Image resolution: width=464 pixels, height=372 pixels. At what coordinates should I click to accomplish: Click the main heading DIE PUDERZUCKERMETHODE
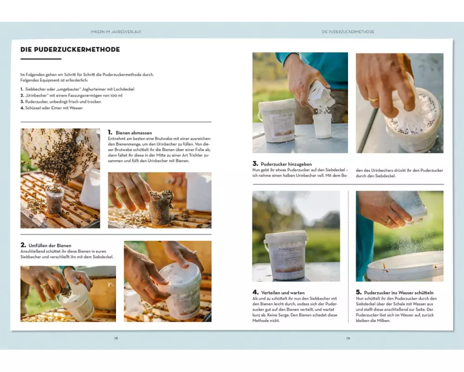coord(70,50)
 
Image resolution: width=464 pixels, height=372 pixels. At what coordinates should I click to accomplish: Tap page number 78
coord(116,338)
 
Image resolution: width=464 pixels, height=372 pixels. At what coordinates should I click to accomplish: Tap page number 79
coord(348,338)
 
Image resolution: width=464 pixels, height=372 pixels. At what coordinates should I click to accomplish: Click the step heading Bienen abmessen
coord(134,133)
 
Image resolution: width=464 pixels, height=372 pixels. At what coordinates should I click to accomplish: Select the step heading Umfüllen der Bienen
coord(50,246)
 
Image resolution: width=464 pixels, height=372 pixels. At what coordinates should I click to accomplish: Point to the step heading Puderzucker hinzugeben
coord(286,164)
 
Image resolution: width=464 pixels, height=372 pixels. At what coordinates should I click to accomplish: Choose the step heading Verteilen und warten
coord(283,292)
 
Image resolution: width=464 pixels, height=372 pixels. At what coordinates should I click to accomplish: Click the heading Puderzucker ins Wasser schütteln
coord(399,292)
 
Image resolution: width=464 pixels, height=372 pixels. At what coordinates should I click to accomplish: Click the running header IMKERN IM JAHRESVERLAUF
coord(116,32)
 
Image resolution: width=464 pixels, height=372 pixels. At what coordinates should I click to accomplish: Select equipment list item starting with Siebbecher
coord(80,89)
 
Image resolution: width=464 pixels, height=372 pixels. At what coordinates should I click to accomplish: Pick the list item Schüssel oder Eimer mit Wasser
coord(54,108)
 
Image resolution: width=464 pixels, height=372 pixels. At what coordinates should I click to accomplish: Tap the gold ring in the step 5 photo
coord(388,221)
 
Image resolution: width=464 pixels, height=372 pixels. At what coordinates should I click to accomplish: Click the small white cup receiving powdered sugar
coord(322,126)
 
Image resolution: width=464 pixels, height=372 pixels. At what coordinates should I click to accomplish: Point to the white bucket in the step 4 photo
coord(285,255)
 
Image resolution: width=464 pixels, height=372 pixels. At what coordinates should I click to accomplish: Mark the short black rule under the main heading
coord(41,59)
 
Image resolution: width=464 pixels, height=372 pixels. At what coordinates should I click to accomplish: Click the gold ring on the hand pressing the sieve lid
coord(374,100)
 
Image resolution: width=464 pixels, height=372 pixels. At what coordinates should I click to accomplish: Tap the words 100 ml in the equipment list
coord(116,95)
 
